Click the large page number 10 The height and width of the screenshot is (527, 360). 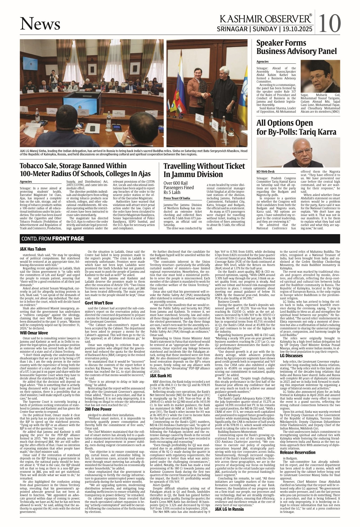[330, 23]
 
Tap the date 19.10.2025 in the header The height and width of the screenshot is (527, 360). [298, 29]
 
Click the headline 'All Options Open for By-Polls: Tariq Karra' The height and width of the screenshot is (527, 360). [296, 127]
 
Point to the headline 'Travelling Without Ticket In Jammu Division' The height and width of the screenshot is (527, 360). [204, 170]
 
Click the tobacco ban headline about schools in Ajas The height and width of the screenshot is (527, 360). [85, 170]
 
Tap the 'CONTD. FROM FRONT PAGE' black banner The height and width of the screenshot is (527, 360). [52, 239]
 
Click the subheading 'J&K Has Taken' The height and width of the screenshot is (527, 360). [33, 249]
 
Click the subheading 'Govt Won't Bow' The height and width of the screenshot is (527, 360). [99, 303]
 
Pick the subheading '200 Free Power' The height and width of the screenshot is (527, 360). [98, 409]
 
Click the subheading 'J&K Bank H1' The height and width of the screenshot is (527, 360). [160, 376]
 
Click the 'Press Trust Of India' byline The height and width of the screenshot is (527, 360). [177, 198]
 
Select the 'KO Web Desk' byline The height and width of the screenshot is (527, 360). [265, 171]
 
